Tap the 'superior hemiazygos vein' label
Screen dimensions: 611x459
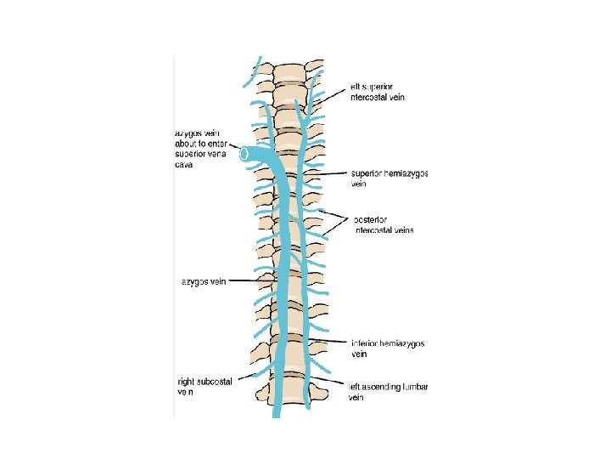pos(388,178)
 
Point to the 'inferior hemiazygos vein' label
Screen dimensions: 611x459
pos(388,348)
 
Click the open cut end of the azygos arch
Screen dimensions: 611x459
pos(244,154)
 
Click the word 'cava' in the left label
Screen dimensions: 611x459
pos(184,167)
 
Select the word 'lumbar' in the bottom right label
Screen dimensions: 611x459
pos(416,388)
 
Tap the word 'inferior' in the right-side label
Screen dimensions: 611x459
pos(367,343)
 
